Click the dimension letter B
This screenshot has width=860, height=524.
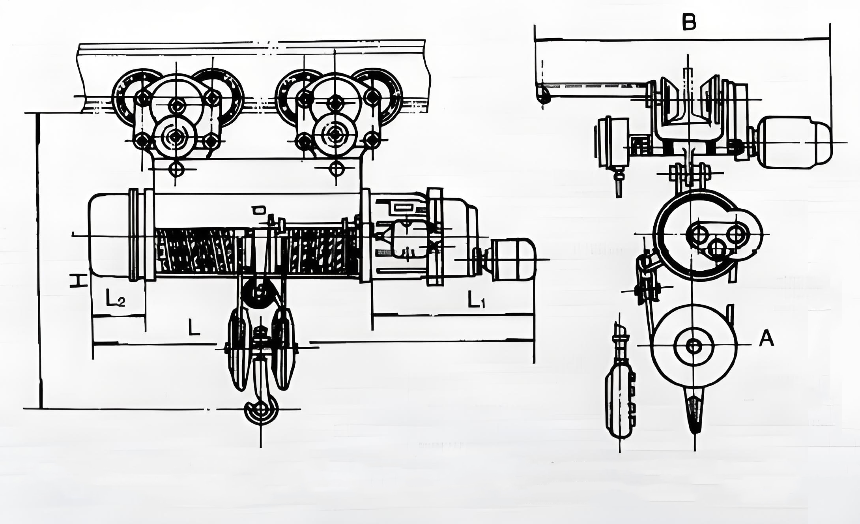coord(689,22)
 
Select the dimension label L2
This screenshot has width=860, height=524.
coord(115,298)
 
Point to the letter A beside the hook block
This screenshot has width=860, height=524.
coord(767,339)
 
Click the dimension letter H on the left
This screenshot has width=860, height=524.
coord(78,281)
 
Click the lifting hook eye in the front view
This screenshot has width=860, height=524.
coord(261,410)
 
